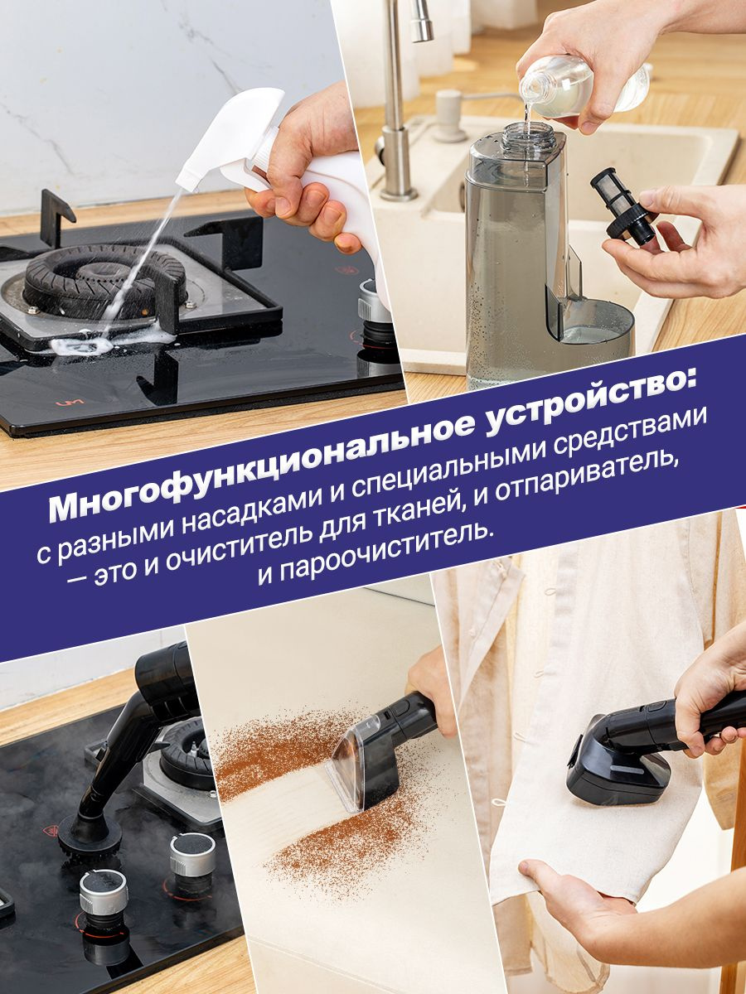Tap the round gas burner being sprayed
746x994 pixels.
pyautogui.click(x=104, y=280)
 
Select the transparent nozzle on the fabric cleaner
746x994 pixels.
pyautogui.click(x=354, y=765)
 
